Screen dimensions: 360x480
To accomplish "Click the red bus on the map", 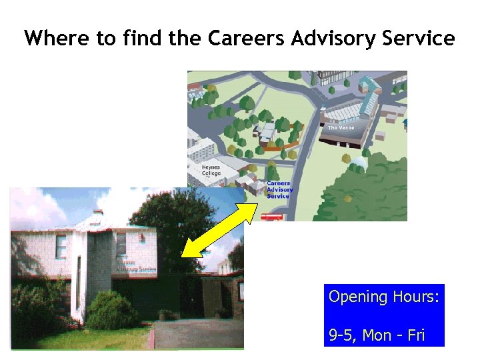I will coord(271,216).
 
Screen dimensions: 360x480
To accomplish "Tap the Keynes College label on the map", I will coord(211,171).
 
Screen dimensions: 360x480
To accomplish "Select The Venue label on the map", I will coord(341,127).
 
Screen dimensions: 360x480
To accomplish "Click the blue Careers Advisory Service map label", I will coord(279,189).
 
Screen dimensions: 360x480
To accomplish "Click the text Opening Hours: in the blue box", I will coord(384,297).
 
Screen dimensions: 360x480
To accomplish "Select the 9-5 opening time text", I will coord(342,335).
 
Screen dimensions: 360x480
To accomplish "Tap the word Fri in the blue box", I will coord(415,335).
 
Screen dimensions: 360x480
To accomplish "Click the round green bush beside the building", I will coord(112,311).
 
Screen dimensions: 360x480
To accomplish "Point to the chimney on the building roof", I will coord(98,213).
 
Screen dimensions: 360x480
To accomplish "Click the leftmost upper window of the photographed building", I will coord(61,247).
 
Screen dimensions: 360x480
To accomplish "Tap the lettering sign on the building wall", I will coord(137,265).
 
